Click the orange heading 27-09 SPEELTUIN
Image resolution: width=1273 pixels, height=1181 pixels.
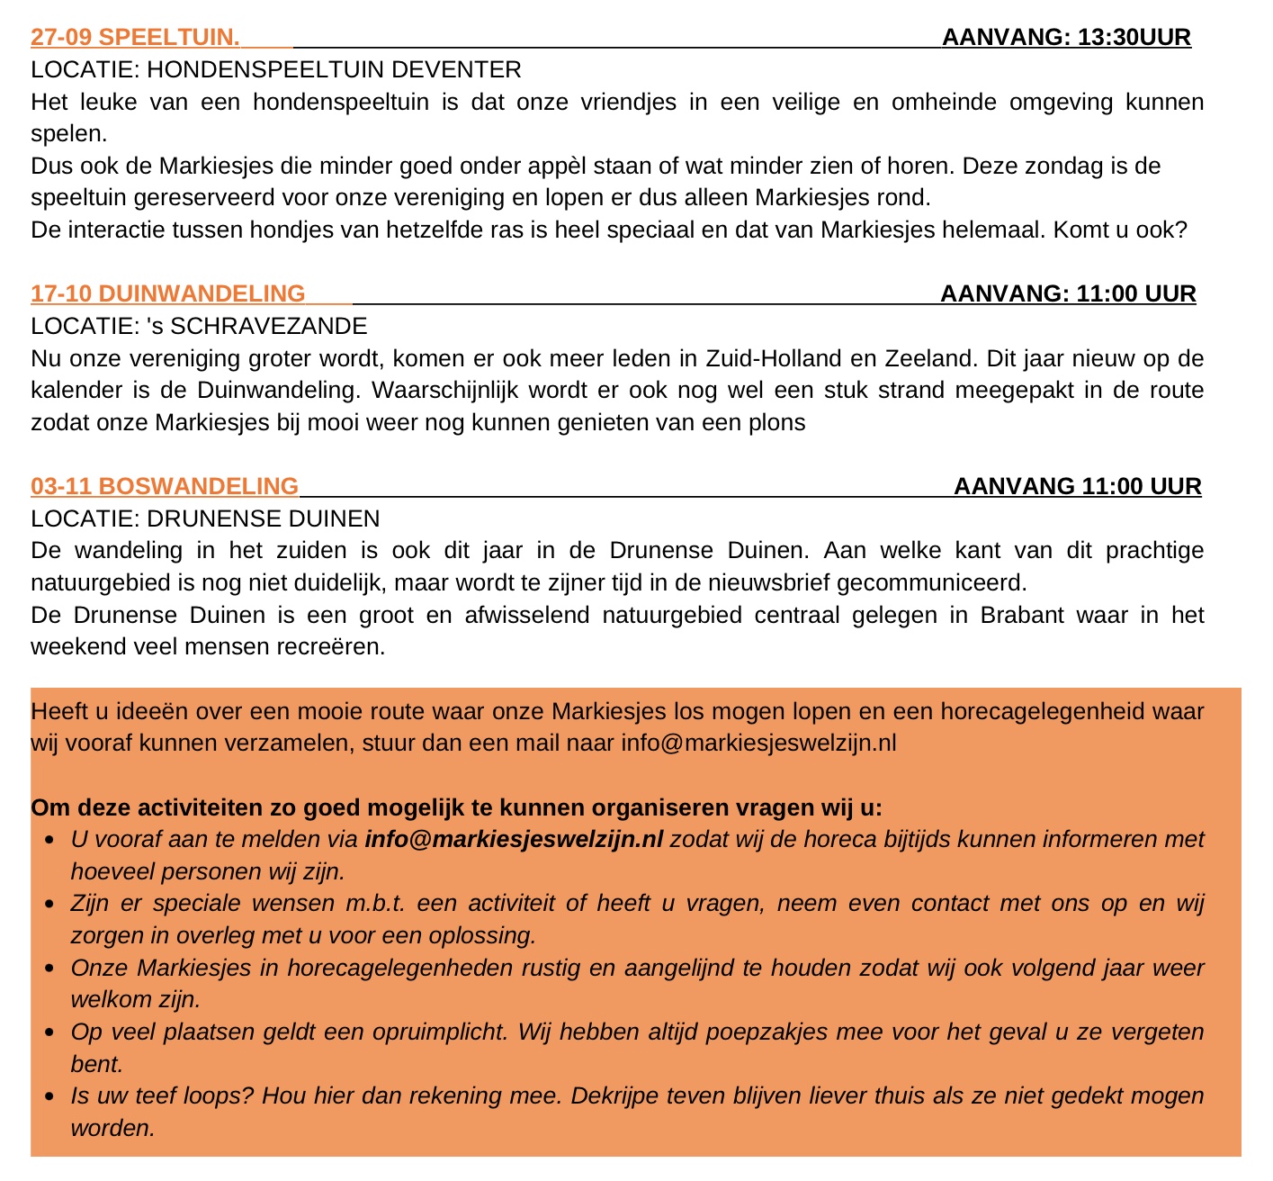click(x=135, y=38)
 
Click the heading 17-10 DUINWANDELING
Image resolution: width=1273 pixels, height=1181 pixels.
click(x=168, y=294)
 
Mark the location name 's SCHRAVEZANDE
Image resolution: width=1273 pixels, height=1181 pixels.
click(x=256, y=326)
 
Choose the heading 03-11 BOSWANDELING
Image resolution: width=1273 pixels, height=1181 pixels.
click(x=165, y=487)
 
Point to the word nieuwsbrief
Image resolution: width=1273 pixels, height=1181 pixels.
click(x=774, y=583)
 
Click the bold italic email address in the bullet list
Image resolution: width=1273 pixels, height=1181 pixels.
click(x=514, y=840)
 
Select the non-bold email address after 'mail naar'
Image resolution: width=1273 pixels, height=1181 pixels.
click(x=758, y=744)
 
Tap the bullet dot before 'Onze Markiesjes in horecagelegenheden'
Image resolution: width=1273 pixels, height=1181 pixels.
click(x=49, y=970)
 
